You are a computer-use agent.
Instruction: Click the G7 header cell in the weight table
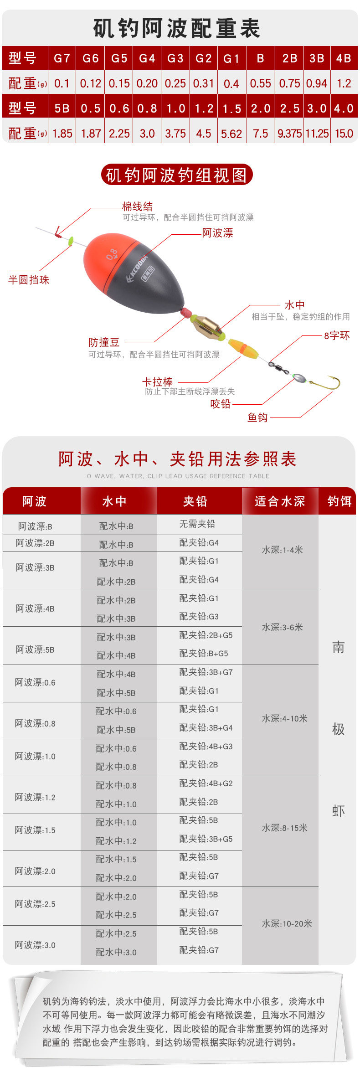tap(62, 58)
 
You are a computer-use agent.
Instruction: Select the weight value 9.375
tap(289, 134)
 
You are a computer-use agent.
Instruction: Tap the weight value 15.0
tap(344, 134)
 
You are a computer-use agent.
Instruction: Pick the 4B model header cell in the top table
tap(344, 58)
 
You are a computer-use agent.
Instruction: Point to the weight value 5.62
tap(231, 134)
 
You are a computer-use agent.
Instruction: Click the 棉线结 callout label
tap(137, 206)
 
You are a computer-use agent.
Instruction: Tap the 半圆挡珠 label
tap(29, 280)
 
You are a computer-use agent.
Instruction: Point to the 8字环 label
tap(337, 336)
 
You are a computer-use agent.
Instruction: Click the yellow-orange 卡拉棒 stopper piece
tap(243, 347)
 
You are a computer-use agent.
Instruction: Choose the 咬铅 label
tap(221, 404)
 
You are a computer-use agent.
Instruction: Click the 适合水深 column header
tap(280, 501)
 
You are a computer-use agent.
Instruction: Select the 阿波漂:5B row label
tap(35, 649)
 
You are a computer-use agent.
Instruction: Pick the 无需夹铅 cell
tap(197, 524)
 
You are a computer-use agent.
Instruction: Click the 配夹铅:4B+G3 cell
tap(206, 746)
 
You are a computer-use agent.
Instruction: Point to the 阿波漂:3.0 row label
tap(35, 945)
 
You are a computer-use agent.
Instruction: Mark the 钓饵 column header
tap(339, 501)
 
